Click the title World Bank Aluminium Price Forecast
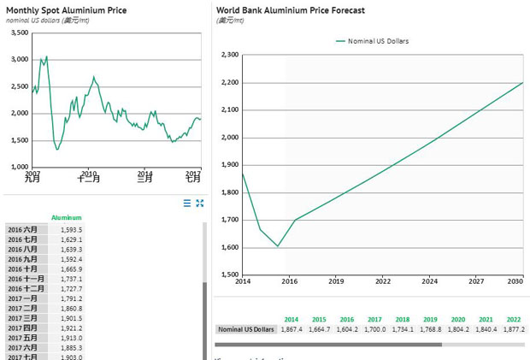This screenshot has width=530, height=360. click(290, 10)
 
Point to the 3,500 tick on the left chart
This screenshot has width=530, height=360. click(19, 32)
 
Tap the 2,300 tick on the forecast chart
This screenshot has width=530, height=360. click(229, 55)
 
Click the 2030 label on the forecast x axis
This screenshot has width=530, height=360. click(515, 280)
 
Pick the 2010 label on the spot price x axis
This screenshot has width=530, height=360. click(88, 173)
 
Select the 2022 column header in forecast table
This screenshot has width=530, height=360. click(513, 319)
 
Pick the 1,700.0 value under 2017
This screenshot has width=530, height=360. click(374, 329)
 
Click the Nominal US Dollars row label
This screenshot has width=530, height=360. click(246, 329)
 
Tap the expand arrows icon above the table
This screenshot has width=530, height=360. click(200, 203)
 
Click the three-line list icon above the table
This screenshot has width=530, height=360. click(187, 203)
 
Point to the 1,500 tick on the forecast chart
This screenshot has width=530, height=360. click(229, 275)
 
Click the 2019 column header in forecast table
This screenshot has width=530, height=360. click(430, 319)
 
